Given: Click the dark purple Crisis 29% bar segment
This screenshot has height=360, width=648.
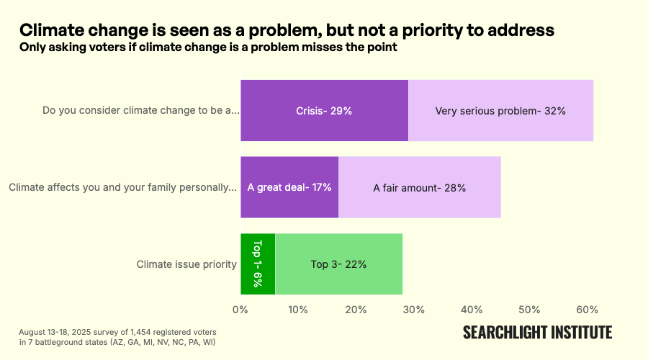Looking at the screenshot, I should [x=324, y=111].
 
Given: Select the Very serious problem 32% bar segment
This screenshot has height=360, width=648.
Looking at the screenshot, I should [x=500, y=111].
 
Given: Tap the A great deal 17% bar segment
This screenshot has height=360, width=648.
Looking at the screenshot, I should [x=289, y=187].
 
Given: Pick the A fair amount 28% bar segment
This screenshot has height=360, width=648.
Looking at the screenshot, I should [x=419, y=187].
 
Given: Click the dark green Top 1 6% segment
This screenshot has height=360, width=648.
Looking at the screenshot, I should [x=258, y=264].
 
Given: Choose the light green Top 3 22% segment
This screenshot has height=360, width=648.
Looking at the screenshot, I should [x=338, y=264].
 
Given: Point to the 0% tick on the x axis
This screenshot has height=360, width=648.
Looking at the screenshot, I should [x=240, y=310].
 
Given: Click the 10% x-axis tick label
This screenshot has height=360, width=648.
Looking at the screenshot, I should [x=298, y=310].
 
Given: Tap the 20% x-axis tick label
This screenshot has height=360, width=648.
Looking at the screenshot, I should [x=356, y=310].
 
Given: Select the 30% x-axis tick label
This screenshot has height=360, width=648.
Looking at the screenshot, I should [x=413, y=310].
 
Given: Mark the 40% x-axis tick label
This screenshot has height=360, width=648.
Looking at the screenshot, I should [x=472, y=310].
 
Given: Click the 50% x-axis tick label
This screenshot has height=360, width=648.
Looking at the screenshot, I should [x=529, y=310].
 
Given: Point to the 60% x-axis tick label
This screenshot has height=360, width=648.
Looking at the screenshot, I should [x=587, y=310].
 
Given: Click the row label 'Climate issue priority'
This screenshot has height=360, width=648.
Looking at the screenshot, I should [x=186, y=264].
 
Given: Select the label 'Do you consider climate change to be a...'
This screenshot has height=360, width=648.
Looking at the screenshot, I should [x=140, y=111].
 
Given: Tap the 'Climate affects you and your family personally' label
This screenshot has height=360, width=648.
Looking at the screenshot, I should [x=122, y=188].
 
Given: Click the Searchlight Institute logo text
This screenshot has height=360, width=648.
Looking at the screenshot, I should [x=537, y=332].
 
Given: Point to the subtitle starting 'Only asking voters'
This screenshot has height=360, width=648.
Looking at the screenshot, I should [x=208, y=48].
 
